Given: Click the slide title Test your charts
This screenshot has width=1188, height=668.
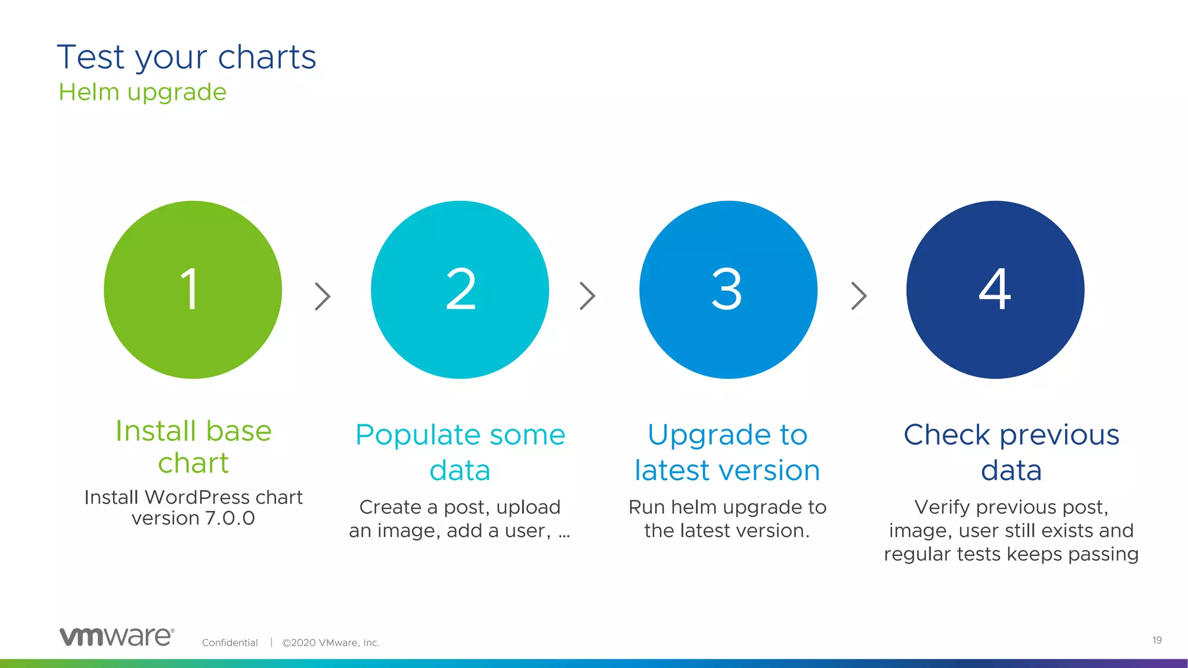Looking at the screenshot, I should coord(186,57).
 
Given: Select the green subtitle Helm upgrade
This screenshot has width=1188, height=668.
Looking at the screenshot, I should coord(143,92).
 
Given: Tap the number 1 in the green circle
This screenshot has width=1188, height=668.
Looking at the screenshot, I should coord(190,289).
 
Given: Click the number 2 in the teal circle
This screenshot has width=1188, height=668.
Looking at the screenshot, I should coord(461,289).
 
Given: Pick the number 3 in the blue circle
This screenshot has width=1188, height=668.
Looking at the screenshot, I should coord(727,289).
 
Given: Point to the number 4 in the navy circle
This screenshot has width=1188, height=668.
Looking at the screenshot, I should coord(995,289).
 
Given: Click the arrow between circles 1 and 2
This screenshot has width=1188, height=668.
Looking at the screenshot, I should coord(323,296).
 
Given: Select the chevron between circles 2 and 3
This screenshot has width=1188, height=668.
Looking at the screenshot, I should coord(588,296).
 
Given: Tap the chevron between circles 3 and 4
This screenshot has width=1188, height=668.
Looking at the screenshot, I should coord(859,296).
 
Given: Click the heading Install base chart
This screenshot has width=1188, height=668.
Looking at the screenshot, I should coord(193,446).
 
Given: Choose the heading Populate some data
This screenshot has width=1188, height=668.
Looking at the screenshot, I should coord(460,452).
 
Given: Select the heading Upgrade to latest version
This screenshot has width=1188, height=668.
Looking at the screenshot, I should coord(727,452).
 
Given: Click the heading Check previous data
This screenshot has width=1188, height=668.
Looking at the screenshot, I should coord(1011,452).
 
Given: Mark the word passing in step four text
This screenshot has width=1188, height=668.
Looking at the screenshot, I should coord(1103,554).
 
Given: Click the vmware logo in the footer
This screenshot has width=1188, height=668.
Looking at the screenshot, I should coord(117,637).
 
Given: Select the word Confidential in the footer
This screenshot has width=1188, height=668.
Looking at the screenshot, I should coord(230,642).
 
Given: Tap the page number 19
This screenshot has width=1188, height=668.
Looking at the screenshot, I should coord(1157,640).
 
